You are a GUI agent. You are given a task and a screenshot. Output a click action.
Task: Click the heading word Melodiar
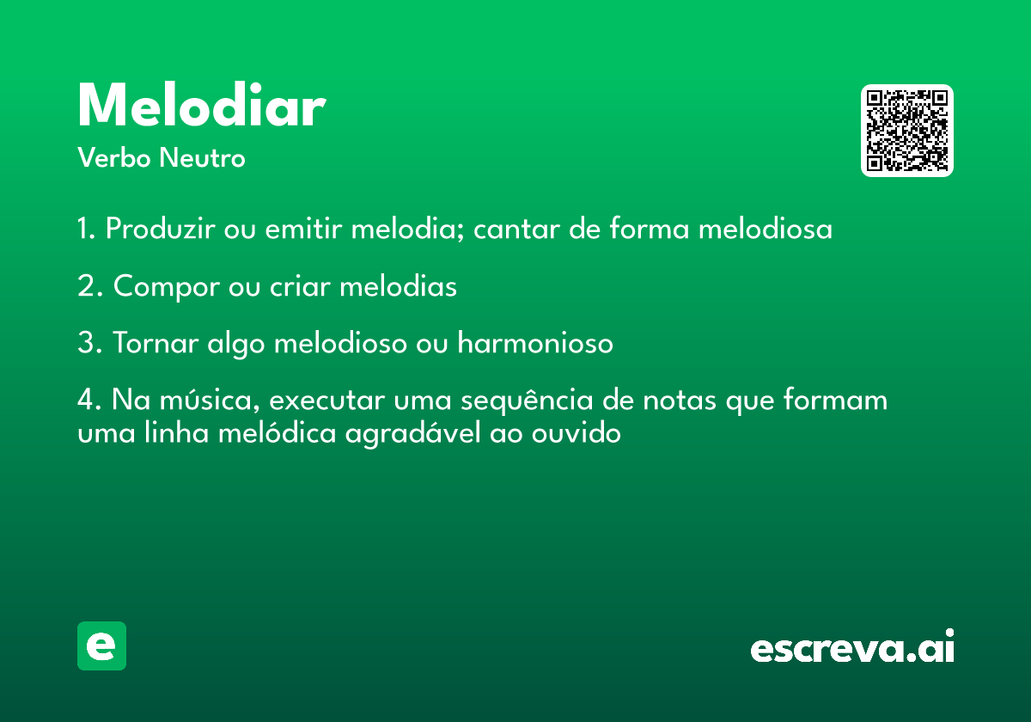[202, 105]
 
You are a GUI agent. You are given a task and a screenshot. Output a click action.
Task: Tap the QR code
[906, 131]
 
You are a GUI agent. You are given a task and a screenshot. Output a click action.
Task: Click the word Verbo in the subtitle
[114, 158]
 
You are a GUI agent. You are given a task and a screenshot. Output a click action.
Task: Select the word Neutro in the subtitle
[202, 158]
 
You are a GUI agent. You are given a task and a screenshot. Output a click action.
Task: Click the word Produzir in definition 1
[160, 229]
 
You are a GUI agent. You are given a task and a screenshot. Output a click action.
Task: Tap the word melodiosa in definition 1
[766, 229]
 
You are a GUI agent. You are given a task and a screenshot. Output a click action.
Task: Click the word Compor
[167, 287]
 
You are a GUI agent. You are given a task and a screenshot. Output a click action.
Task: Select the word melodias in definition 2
[398, 286]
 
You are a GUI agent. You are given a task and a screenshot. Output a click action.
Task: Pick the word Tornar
[156, 343]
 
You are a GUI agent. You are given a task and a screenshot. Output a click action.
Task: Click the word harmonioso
[535, 343]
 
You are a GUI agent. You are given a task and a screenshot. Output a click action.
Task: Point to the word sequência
[527, 401]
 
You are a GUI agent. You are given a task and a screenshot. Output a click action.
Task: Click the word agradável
[413, 434]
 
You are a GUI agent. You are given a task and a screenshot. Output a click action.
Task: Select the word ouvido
[577, 433]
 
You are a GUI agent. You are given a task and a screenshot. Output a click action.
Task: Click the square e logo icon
[101, 646]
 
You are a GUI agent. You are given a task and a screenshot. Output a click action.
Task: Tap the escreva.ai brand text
[852, 646]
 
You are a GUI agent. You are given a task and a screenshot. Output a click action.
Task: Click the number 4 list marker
[89, 400]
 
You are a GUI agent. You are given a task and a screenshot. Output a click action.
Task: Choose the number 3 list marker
[89, 343]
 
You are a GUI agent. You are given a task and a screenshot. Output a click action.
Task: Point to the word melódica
[277, 433]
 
